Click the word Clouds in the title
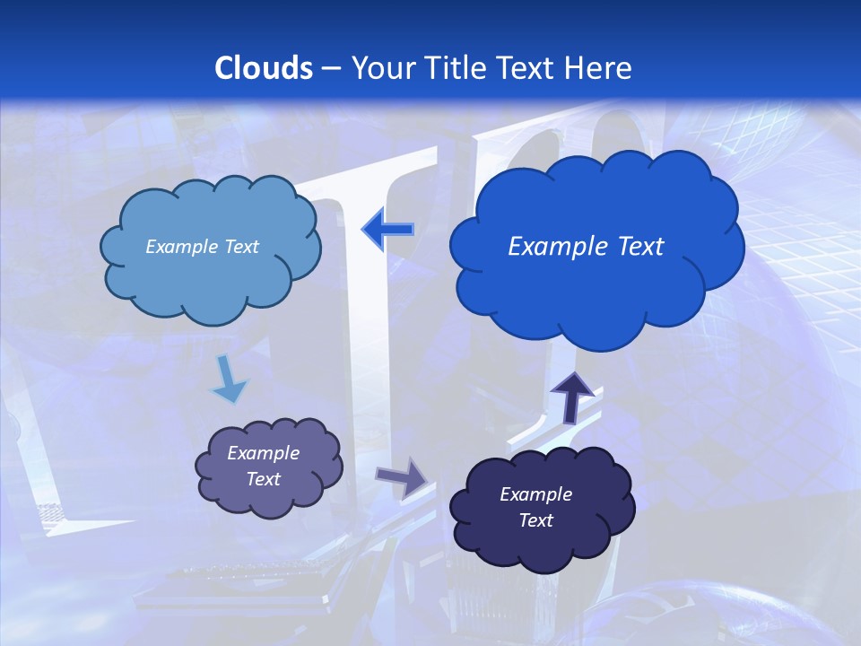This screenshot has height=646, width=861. (x=264, y=68)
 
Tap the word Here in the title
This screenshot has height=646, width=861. (x=599, y=68)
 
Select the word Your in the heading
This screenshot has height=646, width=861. (x=384, y=68)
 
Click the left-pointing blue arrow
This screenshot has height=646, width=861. (x=387, y=231)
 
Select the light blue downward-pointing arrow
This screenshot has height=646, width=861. (x=229, y=380)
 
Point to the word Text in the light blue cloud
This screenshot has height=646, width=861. (x=239, y=247)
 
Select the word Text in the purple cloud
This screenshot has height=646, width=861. (x=264, y=479)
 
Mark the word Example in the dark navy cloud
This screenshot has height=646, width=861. (x=535, y=494)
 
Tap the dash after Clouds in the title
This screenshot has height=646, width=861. (x=330, y=68)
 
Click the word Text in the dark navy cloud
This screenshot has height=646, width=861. (x=535, y=520)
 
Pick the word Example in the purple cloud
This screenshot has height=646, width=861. (x=264, y=453)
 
